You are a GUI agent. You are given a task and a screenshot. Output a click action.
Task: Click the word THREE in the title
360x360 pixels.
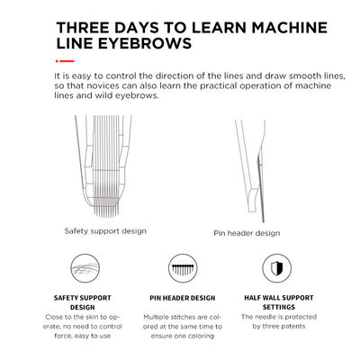[83, 28]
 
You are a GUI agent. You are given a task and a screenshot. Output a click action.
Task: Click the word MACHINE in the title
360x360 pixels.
[290, 28]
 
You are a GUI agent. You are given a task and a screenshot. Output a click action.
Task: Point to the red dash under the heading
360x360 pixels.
[65, 61]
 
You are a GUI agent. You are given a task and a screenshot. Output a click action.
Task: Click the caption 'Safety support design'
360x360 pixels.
[105, 231]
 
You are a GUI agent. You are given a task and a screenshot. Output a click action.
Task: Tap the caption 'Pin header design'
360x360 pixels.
[247, 233]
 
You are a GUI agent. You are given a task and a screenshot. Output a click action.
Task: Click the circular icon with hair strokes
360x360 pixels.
[85, 268]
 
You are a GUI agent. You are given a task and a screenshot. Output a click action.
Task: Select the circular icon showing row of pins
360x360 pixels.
[183, 268]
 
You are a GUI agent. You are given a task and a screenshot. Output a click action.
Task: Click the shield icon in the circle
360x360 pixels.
[276, 268]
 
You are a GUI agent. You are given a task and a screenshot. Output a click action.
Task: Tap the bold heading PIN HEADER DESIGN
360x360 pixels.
[183, 298]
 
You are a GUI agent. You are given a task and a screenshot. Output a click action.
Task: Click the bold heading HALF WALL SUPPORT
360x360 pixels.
[279, 298]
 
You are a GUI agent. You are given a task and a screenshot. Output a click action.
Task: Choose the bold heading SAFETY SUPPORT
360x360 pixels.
[83, 298]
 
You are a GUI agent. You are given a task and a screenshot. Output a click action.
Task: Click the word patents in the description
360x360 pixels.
[292, 326]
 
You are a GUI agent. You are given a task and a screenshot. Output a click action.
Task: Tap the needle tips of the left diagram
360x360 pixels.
[107, 213]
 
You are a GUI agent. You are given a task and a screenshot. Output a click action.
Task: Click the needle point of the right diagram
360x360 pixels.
[263, 220]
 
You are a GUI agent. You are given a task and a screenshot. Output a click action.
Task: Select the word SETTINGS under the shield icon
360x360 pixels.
[279, 307]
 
